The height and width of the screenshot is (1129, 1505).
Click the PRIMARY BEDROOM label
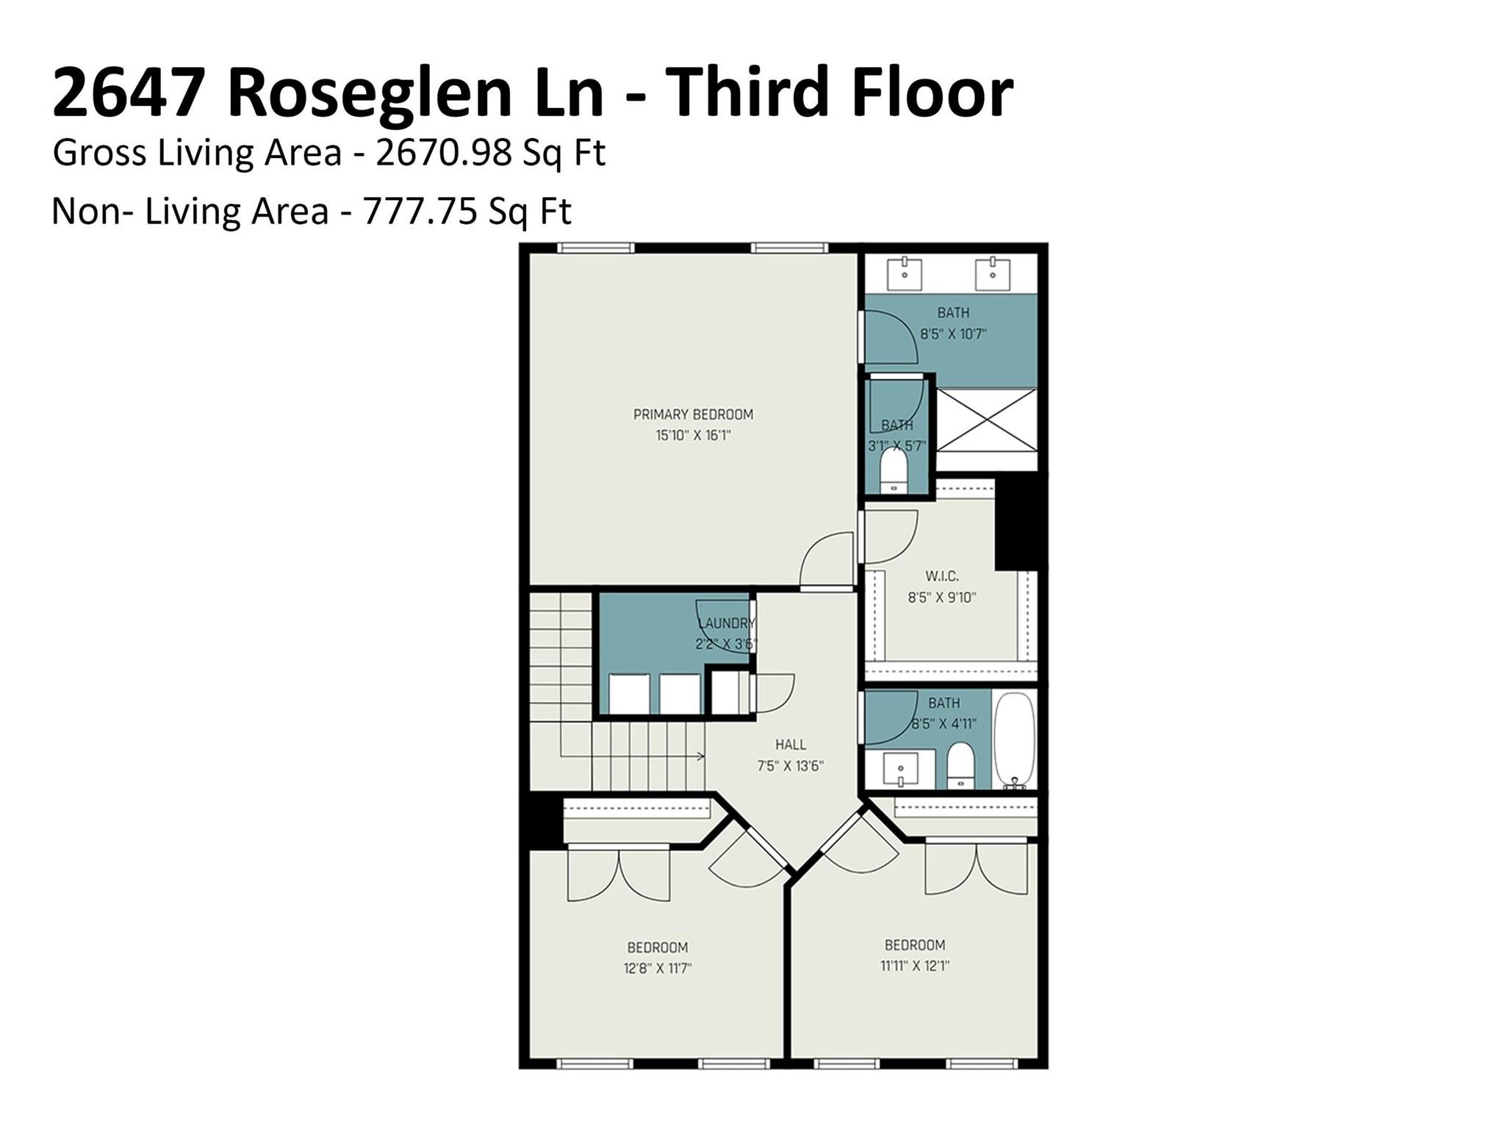pos(693,415)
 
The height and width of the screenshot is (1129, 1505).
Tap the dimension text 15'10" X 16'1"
pos(693,436)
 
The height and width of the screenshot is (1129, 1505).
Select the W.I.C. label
pos(941,576)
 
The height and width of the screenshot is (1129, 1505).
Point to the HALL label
pos(790,745)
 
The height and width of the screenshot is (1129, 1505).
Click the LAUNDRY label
pos(726,623)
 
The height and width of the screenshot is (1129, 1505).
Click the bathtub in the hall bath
pos(1014,739)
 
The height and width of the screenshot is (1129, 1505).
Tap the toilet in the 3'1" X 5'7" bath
pos(894,470)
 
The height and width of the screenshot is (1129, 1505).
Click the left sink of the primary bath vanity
pos(905,273)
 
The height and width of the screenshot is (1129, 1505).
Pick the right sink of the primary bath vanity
pos(992,273)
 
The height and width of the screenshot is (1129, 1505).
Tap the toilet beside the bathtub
pos(960,766)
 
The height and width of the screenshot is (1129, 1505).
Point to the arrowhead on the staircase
pos(701,756)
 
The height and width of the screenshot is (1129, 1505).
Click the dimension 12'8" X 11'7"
pos(657,969)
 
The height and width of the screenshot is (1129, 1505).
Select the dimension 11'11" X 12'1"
pos(915,966)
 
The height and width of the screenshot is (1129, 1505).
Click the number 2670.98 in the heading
pos(444,153)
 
